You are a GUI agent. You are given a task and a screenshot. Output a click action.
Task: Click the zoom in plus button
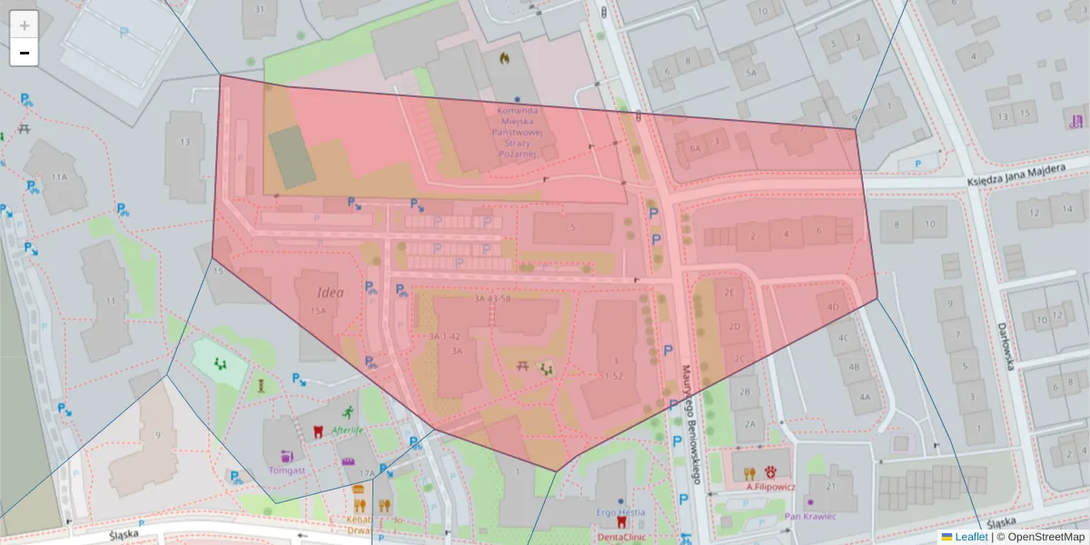click(x=25, y=25)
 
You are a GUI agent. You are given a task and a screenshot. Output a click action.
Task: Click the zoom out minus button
click(x=25, y=53)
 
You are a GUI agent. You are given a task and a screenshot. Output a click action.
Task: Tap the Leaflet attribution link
click(x=971, y=537)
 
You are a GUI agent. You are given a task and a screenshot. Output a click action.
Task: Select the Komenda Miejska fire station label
click(x=516, y=133)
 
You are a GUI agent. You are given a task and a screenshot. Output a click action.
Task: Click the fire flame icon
click(x=504, y=58)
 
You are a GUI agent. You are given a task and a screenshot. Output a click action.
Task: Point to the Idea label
click(x=331, y=292)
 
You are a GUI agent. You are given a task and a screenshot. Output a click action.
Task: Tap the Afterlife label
click(x=348, y=431)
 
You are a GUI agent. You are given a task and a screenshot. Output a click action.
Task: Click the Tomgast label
click(x=288, y=471)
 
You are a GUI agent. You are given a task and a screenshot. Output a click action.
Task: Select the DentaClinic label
click(x=621, y=537)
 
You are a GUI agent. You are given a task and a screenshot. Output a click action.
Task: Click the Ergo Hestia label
click(x=620, y=512)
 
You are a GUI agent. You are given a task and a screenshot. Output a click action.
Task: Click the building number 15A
click(x=318, y=311)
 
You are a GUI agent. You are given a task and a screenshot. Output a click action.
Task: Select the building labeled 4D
click(x=833, y=307)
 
